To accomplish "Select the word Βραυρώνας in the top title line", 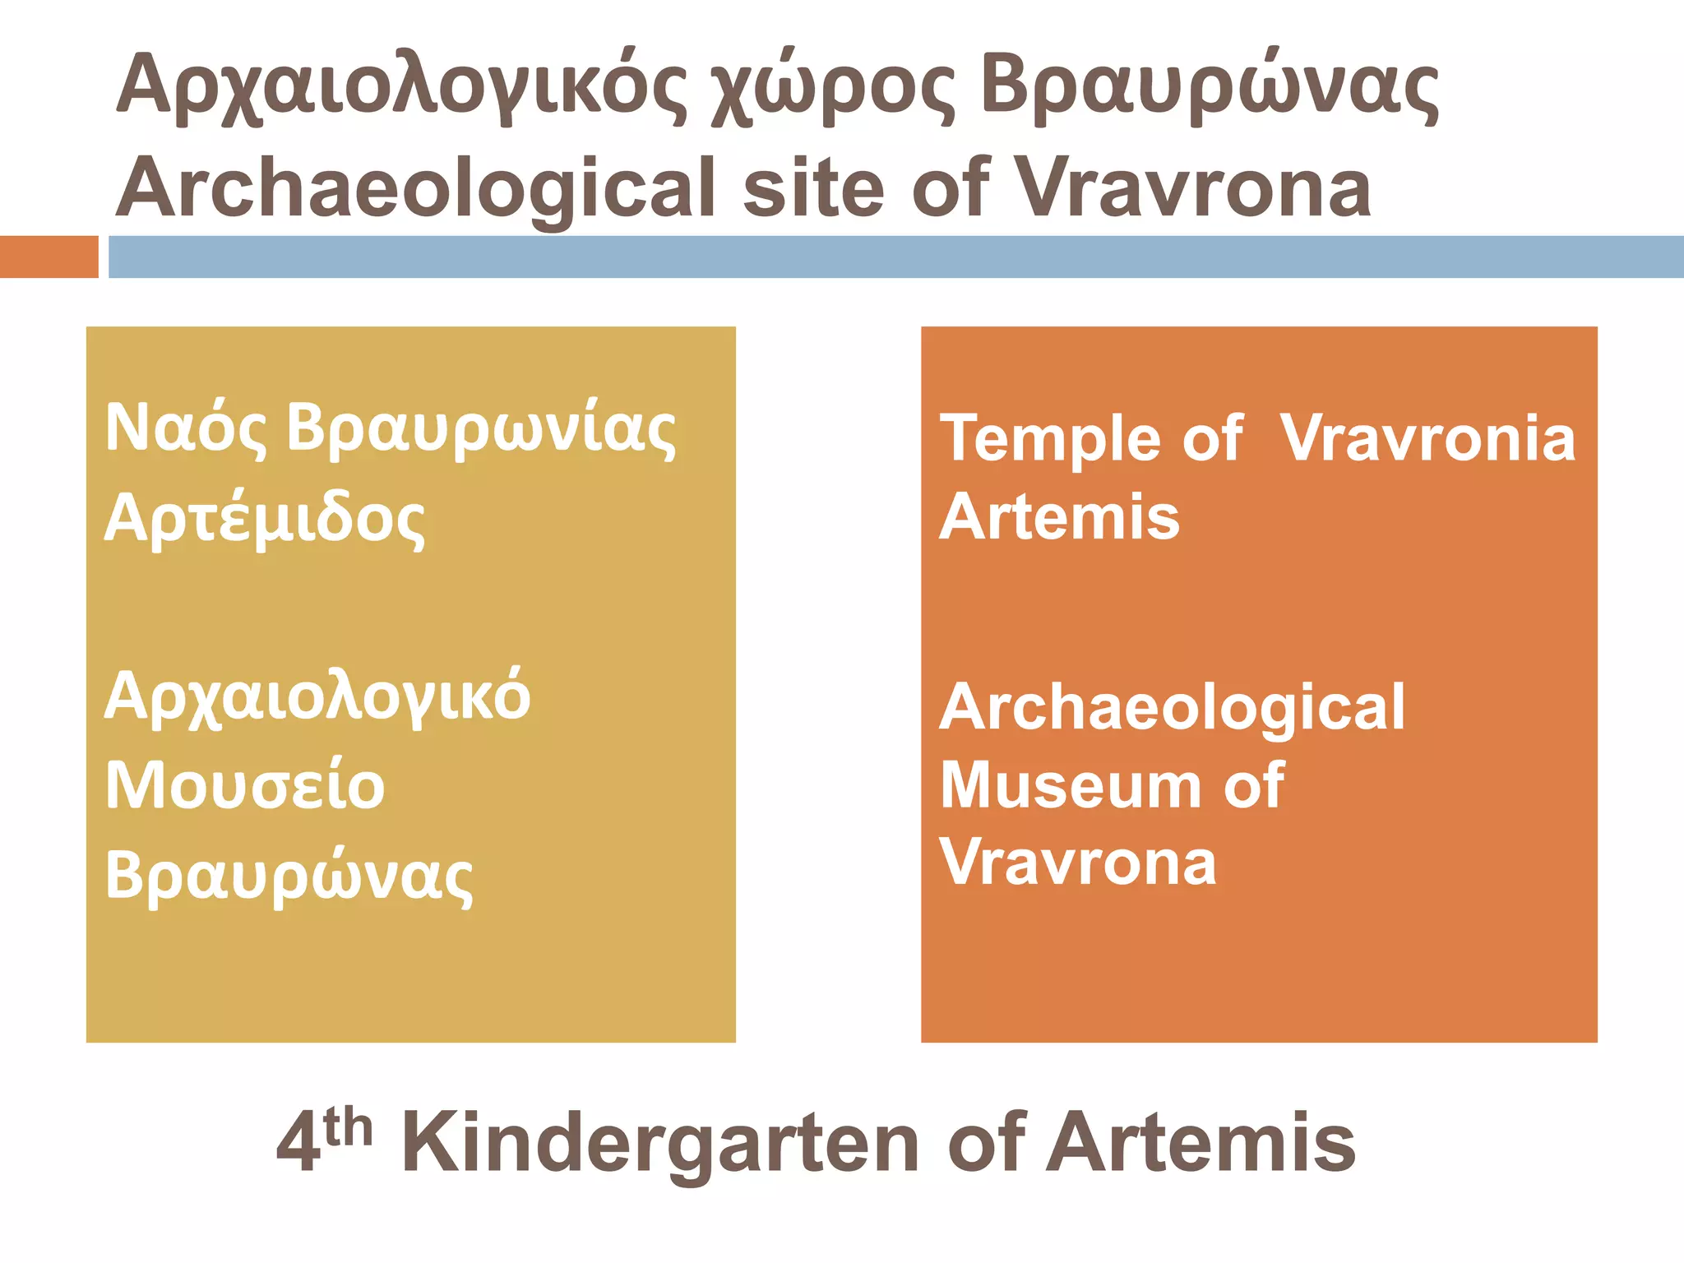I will tap(1209, 89).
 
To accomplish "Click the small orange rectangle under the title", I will tap(49, 257).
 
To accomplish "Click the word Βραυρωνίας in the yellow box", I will tap(481, 430).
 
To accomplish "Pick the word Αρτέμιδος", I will tap(265, 520).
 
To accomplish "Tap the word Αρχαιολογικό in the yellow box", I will tap(317, 698).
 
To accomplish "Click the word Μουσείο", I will tap(245, 785).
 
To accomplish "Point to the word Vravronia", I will tap(1427, 438).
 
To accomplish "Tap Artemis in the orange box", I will tap(1060, 517).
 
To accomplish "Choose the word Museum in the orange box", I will tap(1069, 785).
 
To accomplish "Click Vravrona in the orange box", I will tap(1078, 863).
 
